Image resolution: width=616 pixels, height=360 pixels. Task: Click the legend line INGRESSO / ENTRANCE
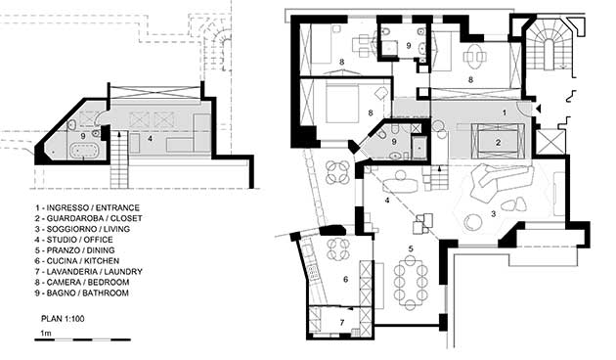(x=87, y=208)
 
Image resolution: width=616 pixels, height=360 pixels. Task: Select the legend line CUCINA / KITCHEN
(x=76, y=261)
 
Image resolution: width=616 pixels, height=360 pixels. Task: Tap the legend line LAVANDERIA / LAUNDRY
(x=88, y=272)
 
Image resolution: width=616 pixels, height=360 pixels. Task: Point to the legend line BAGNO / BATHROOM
(x=81, y=292)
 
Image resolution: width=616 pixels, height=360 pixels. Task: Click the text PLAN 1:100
(x=63, y=319)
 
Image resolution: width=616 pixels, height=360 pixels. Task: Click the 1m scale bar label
(x=46, y=334)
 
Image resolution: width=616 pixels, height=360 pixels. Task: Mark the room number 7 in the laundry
(x=342, y=323)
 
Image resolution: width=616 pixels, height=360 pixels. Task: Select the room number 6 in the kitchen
(x=345, y=280)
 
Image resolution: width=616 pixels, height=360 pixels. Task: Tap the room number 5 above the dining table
(x=411, y=248)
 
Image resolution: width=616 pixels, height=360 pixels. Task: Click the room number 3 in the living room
(x=494, y=214)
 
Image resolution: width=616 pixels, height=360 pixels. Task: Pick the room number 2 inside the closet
(x=498, y=143)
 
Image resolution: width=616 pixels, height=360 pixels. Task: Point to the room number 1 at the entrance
(x=505, y=112)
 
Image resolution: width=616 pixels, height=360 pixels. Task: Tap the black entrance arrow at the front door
(x=538, y=109)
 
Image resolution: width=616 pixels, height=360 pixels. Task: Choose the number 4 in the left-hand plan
(x=150, y=138)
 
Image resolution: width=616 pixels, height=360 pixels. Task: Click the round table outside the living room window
(x=338, y=172)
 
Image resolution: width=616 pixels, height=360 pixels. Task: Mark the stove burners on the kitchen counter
(x=314, y=272)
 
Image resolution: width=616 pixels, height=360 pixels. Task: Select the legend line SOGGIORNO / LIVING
(x=82, y=229)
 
